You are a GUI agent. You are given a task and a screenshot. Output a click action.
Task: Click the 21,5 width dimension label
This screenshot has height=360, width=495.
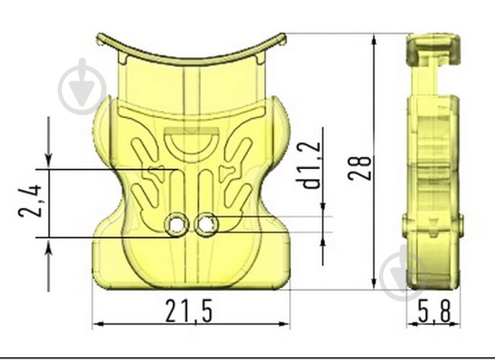[189, 311]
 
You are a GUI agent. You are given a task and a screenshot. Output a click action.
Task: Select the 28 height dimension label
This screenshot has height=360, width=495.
[360, 168]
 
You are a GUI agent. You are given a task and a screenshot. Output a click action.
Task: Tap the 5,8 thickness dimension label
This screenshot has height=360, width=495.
[434, 311]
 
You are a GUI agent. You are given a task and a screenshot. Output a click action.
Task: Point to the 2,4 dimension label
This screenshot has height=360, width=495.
[30, 201]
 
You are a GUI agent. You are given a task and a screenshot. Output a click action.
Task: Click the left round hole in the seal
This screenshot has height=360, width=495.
[177, 225]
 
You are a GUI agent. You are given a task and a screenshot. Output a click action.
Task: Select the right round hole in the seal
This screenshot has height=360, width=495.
[206, 225]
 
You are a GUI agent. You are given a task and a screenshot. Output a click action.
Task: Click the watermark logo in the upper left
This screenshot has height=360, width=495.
[83, 86]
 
